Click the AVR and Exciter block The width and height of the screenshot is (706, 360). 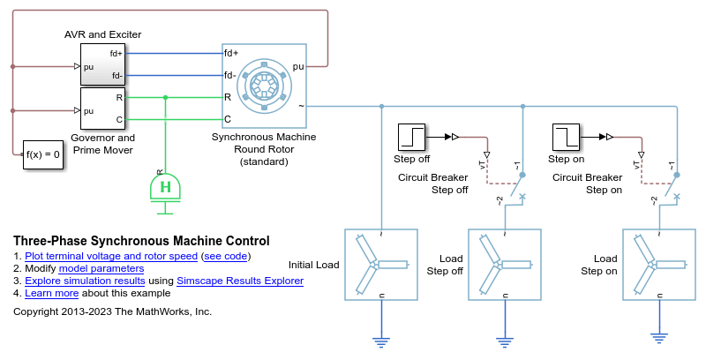(x=102, y=64)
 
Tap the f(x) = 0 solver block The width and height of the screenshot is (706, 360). (x=42, y=155)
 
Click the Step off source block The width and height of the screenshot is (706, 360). (x=412, y=137)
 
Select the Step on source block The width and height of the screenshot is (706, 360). (x=567, y=137)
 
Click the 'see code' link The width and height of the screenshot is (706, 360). (x=226, y=256)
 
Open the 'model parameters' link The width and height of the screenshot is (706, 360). (x=101, y=268)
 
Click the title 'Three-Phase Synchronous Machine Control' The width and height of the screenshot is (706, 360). (x=142, y=241)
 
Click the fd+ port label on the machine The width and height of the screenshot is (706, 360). (x=232, y=53)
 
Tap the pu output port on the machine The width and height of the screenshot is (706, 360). (x=298, y=66)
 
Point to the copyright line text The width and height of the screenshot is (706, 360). (x=113, y=311)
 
